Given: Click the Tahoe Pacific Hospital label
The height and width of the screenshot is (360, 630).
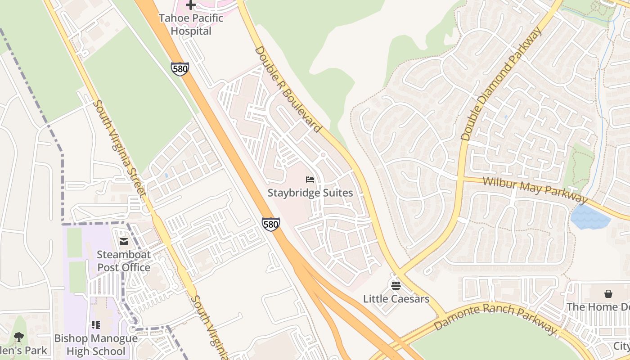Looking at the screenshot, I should (191, 25).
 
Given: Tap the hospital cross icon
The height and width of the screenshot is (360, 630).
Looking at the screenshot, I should (191, 5).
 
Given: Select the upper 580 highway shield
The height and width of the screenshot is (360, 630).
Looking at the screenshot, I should (180, 69).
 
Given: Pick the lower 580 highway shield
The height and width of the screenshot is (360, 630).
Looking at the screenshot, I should (271, 224).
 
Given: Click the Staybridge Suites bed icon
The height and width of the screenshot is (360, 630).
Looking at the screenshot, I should (310, 180).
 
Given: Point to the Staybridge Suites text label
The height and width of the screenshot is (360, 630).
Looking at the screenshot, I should (310, 193).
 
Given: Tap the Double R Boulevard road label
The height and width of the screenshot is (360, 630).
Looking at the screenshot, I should (288, 89).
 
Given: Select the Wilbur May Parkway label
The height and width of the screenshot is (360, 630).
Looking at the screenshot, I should (535, 190).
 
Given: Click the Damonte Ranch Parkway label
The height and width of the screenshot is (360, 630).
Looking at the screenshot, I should (495, 318).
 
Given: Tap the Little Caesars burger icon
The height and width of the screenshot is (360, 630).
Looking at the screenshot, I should (396, 285).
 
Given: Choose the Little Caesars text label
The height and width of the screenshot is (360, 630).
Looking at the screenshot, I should (396, 299).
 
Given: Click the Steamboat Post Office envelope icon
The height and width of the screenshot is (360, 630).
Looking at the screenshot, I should (124, 242).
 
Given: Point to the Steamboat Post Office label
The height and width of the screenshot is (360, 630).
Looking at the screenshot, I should (124, 261).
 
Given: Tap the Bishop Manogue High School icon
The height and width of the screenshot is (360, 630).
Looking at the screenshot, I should (95, 324).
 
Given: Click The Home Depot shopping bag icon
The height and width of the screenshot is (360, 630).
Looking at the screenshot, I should (608, 294).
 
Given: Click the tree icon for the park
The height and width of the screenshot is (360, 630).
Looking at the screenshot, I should (18, 337).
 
